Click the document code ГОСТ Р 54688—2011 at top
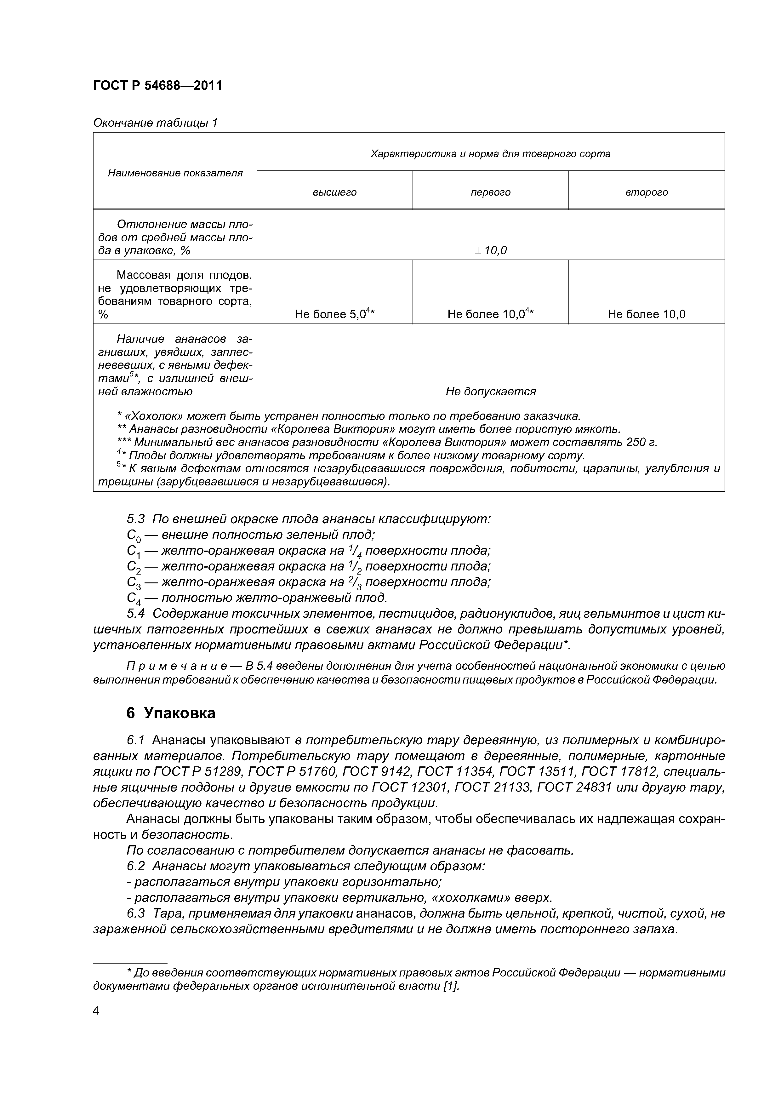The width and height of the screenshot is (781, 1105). coord(157,86)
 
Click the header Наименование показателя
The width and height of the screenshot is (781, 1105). coord(175,173)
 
